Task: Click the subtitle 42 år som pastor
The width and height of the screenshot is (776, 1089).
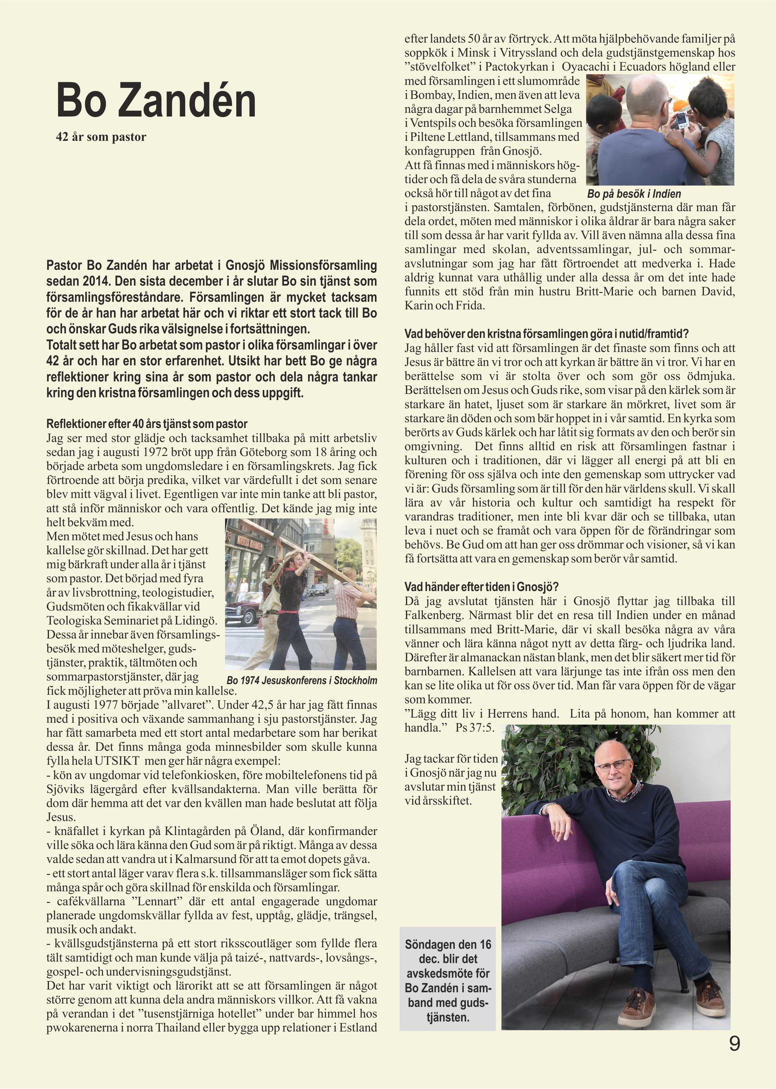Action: tap(101, 137)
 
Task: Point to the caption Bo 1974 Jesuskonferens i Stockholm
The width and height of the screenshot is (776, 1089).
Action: tap(302, 681)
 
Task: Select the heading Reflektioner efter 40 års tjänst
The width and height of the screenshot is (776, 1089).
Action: tap(147, 424)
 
